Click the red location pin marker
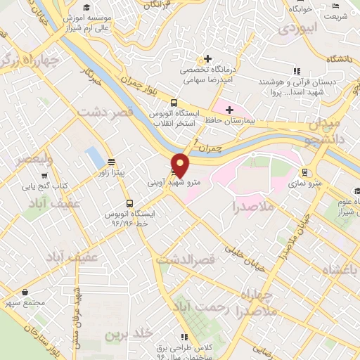181,165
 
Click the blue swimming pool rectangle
93,157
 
